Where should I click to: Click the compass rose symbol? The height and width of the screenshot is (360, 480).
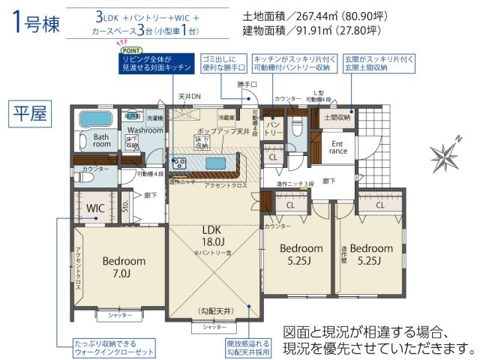pyautogui.click(x=445, y=156)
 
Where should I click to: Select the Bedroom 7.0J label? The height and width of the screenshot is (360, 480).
pyautogui.click(x=123, y=267)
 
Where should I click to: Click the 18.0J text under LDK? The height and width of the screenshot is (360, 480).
pyautogui.click(x=213, y=242)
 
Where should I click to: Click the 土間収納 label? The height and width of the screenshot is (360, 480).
pyautogui.click(x=337, y=117)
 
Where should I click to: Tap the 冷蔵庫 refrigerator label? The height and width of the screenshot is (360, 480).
pyautogui.click(x=227, y=118)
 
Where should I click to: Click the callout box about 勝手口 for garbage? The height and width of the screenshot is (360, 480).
pyautogui.click(x=224, y=62)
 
